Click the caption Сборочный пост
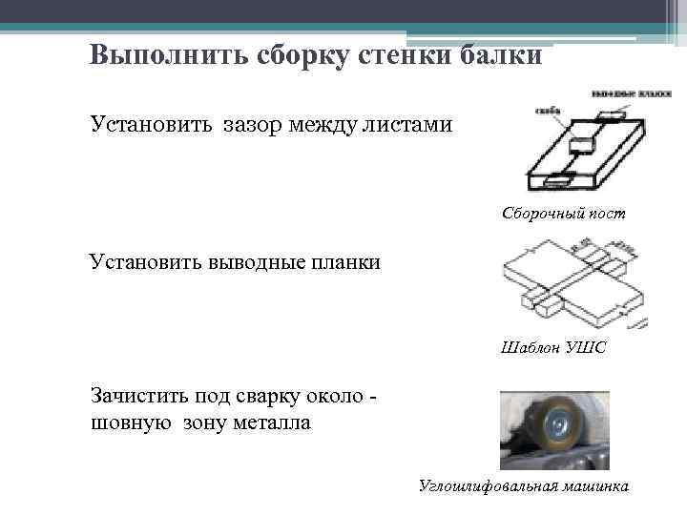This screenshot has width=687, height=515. pyautogui.click(x=564, y=214)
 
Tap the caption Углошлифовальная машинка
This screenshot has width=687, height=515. pyautogui.click(x=524, y=486)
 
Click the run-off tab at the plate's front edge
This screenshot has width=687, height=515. pyautogui.click(x=554, y=177)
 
